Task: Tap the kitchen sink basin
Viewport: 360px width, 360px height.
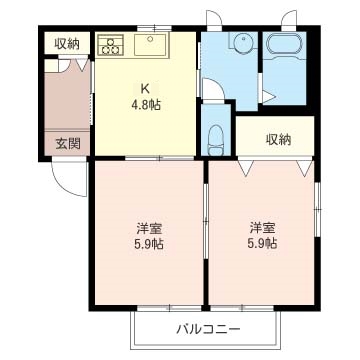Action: pos(153,44)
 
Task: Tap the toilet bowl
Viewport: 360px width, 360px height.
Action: pos(214,138)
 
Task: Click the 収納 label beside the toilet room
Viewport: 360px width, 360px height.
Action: pos(279,138)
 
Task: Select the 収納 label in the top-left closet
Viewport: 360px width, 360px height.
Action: pos(67,43)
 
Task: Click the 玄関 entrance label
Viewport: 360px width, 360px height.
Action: pos(68,143)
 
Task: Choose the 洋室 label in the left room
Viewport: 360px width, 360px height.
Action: pos(148,225)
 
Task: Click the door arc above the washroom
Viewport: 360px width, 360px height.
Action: pos(215,20)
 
